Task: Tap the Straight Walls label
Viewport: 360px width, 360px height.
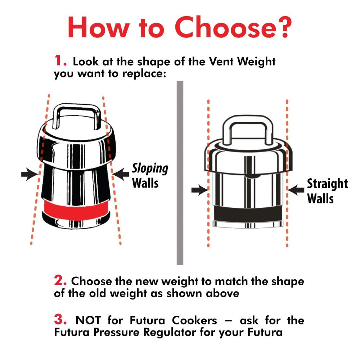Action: tap(327, 191)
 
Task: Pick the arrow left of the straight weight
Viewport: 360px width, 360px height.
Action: tap(199, 190)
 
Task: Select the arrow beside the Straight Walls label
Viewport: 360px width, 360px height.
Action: tap(296, 190)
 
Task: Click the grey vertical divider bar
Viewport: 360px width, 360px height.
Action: tap(180, 173)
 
